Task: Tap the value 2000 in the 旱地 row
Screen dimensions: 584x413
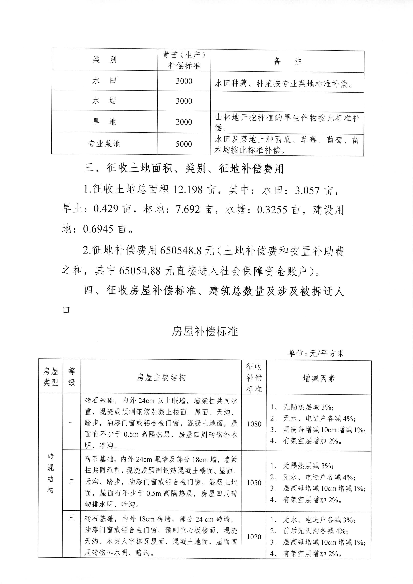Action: point(184,122)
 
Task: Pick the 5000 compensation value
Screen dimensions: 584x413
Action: point(184,144)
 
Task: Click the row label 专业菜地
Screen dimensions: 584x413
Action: point(104,144)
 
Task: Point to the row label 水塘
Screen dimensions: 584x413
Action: point(104,101)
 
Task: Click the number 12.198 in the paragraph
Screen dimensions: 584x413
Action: point(188,190)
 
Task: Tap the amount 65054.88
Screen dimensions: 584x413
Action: point(140,271)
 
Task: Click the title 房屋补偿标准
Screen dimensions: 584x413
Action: point(205,331)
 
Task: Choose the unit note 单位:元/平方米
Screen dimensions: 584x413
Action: point(316,354)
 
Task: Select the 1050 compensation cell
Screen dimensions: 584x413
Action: point(254,483)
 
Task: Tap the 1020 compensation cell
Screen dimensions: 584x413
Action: point(254,537)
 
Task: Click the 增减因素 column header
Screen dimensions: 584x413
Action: point(319,378)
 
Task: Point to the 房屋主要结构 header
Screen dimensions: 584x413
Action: point(161,378)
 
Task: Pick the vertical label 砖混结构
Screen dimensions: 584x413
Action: point(51,474)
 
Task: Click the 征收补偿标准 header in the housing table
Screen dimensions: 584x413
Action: point(254,378)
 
